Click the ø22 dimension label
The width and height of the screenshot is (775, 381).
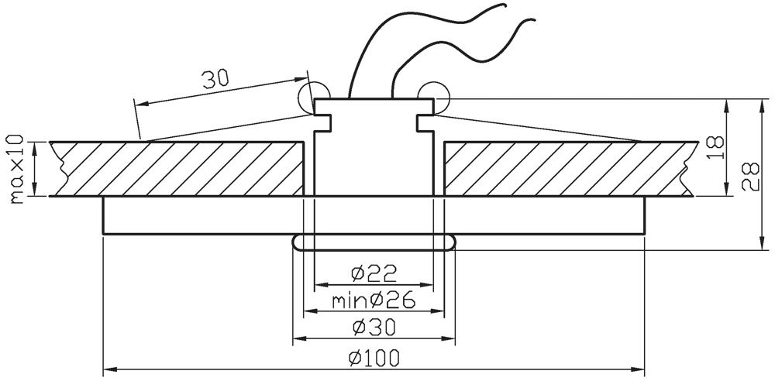click(x=374, y=273)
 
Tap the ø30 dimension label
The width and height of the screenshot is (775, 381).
click(x=374, y=328)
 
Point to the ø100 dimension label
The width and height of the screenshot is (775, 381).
click(x=374, y=358)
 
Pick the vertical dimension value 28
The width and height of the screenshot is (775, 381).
click(x=749, y=177)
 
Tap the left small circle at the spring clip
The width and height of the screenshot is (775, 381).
click(x=309, y=96)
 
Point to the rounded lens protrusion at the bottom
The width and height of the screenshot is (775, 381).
click(x=374, y=242)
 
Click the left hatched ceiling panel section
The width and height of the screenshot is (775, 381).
click(x=178, y=169)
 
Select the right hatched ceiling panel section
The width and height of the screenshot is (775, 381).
click(x=566, y=169)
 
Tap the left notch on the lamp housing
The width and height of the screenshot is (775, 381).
click(x=322, y=122)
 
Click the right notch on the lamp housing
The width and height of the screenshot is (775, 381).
click(x=423, y=122)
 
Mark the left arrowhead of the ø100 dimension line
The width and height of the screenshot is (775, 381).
click(x=108, y=368)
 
